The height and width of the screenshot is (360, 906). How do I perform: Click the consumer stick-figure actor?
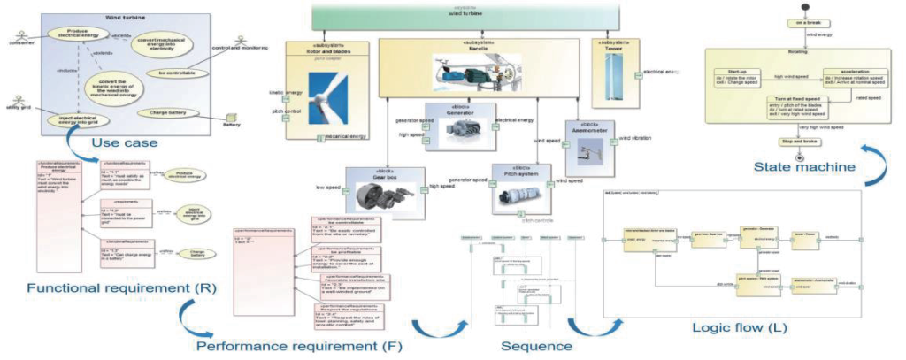tap(19, 34)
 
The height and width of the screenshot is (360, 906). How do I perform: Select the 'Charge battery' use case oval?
tap(173, 113)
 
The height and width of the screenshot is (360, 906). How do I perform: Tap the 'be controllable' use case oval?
tap(175, 73)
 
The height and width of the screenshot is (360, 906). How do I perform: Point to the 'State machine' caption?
tap(802, 165)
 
